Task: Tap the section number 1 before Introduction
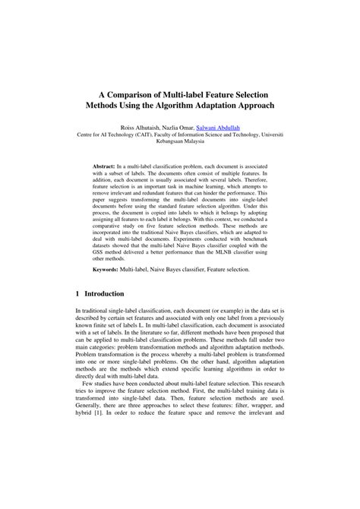[x=78, y=293]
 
